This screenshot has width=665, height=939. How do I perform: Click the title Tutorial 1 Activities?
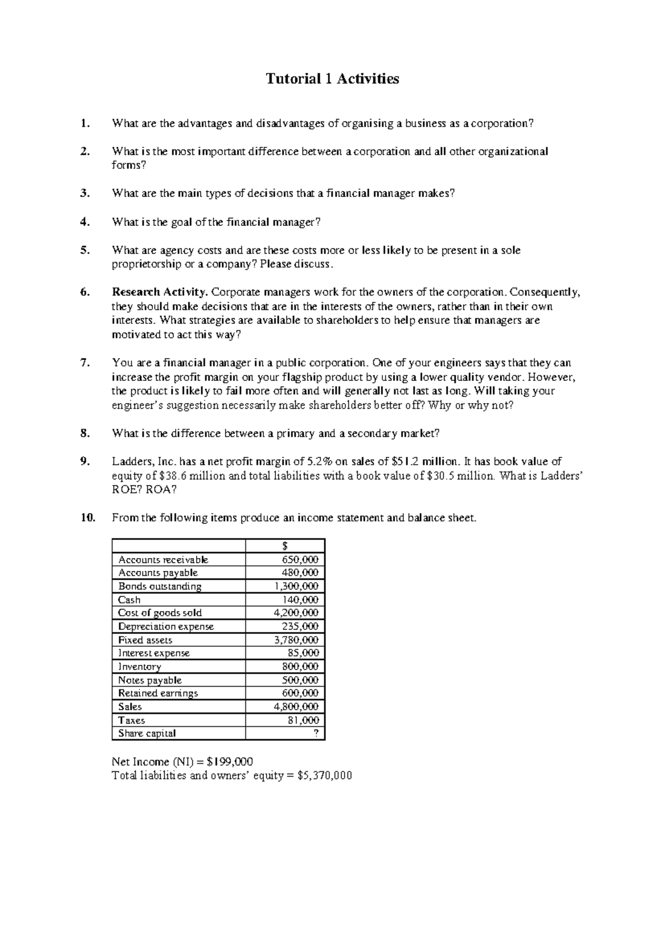pyautogui.click(x=332, y=79)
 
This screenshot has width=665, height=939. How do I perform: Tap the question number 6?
pyautogui.click(x=84, y=292)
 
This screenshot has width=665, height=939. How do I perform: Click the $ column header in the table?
pyautogui.click(x=285, y=546)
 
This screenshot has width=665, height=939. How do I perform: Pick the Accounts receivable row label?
pyautogui.click(x=163, y=560)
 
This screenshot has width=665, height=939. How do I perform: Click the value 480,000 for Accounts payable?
pyautogui.click(x=301, y=573)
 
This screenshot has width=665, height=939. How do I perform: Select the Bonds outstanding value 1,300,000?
pyautogui.click(x=296, y=586)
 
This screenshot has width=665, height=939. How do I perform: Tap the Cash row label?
pyautogui.click(x=129, y=600)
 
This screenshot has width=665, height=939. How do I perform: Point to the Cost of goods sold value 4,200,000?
pyautogui.click(x=296, y=613)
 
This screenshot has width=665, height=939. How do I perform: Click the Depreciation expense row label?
pyautogui.click(x=166, y=627)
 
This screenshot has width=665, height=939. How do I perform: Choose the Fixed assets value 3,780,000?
pyautogui.click(x=296, y=640)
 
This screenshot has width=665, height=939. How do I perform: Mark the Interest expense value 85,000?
pyautogui.click(x=303, y=653)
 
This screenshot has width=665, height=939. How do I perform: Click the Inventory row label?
pyautogui.click(x=139, y=667)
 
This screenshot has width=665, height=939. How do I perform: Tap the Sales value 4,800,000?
pyautogui.click(x=296, y=707)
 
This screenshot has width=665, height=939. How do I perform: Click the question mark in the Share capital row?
pyautogui.click(x=316, y=734)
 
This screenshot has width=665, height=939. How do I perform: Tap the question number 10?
pyautogui.click(x=88, y=518)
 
